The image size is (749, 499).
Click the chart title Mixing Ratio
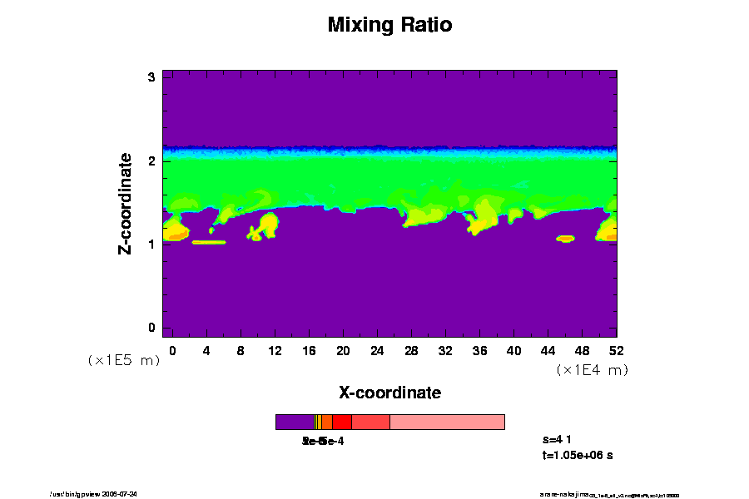point(389,25)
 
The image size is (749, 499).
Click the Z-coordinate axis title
point(126,203)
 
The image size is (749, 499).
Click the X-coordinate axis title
point(389,392)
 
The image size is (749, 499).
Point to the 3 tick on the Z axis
point(152,77)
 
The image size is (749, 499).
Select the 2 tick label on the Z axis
point(152,161)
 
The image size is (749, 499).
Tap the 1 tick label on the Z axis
point(152,245)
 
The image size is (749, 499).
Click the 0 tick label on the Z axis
point(152,328)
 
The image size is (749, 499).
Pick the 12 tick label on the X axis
point(275,350)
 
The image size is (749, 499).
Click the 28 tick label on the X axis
point(411,350)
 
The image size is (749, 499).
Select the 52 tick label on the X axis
point(616,350)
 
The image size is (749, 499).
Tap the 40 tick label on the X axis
point(513,350)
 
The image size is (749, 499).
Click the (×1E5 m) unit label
point(124,360)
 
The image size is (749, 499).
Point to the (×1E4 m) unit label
point(592,369)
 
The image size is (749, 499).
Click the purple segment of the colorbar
point(295,422)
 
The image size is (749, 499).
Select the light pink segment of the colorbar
point(447,422)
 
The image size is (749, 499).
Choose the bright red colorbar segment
point(341,422)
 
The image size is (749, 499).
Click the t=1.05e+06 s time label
point(578,455)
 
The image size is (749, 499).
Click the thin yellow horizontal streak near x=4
point(209,242)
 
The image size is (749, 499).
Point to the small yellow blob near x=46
point(565,239)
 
